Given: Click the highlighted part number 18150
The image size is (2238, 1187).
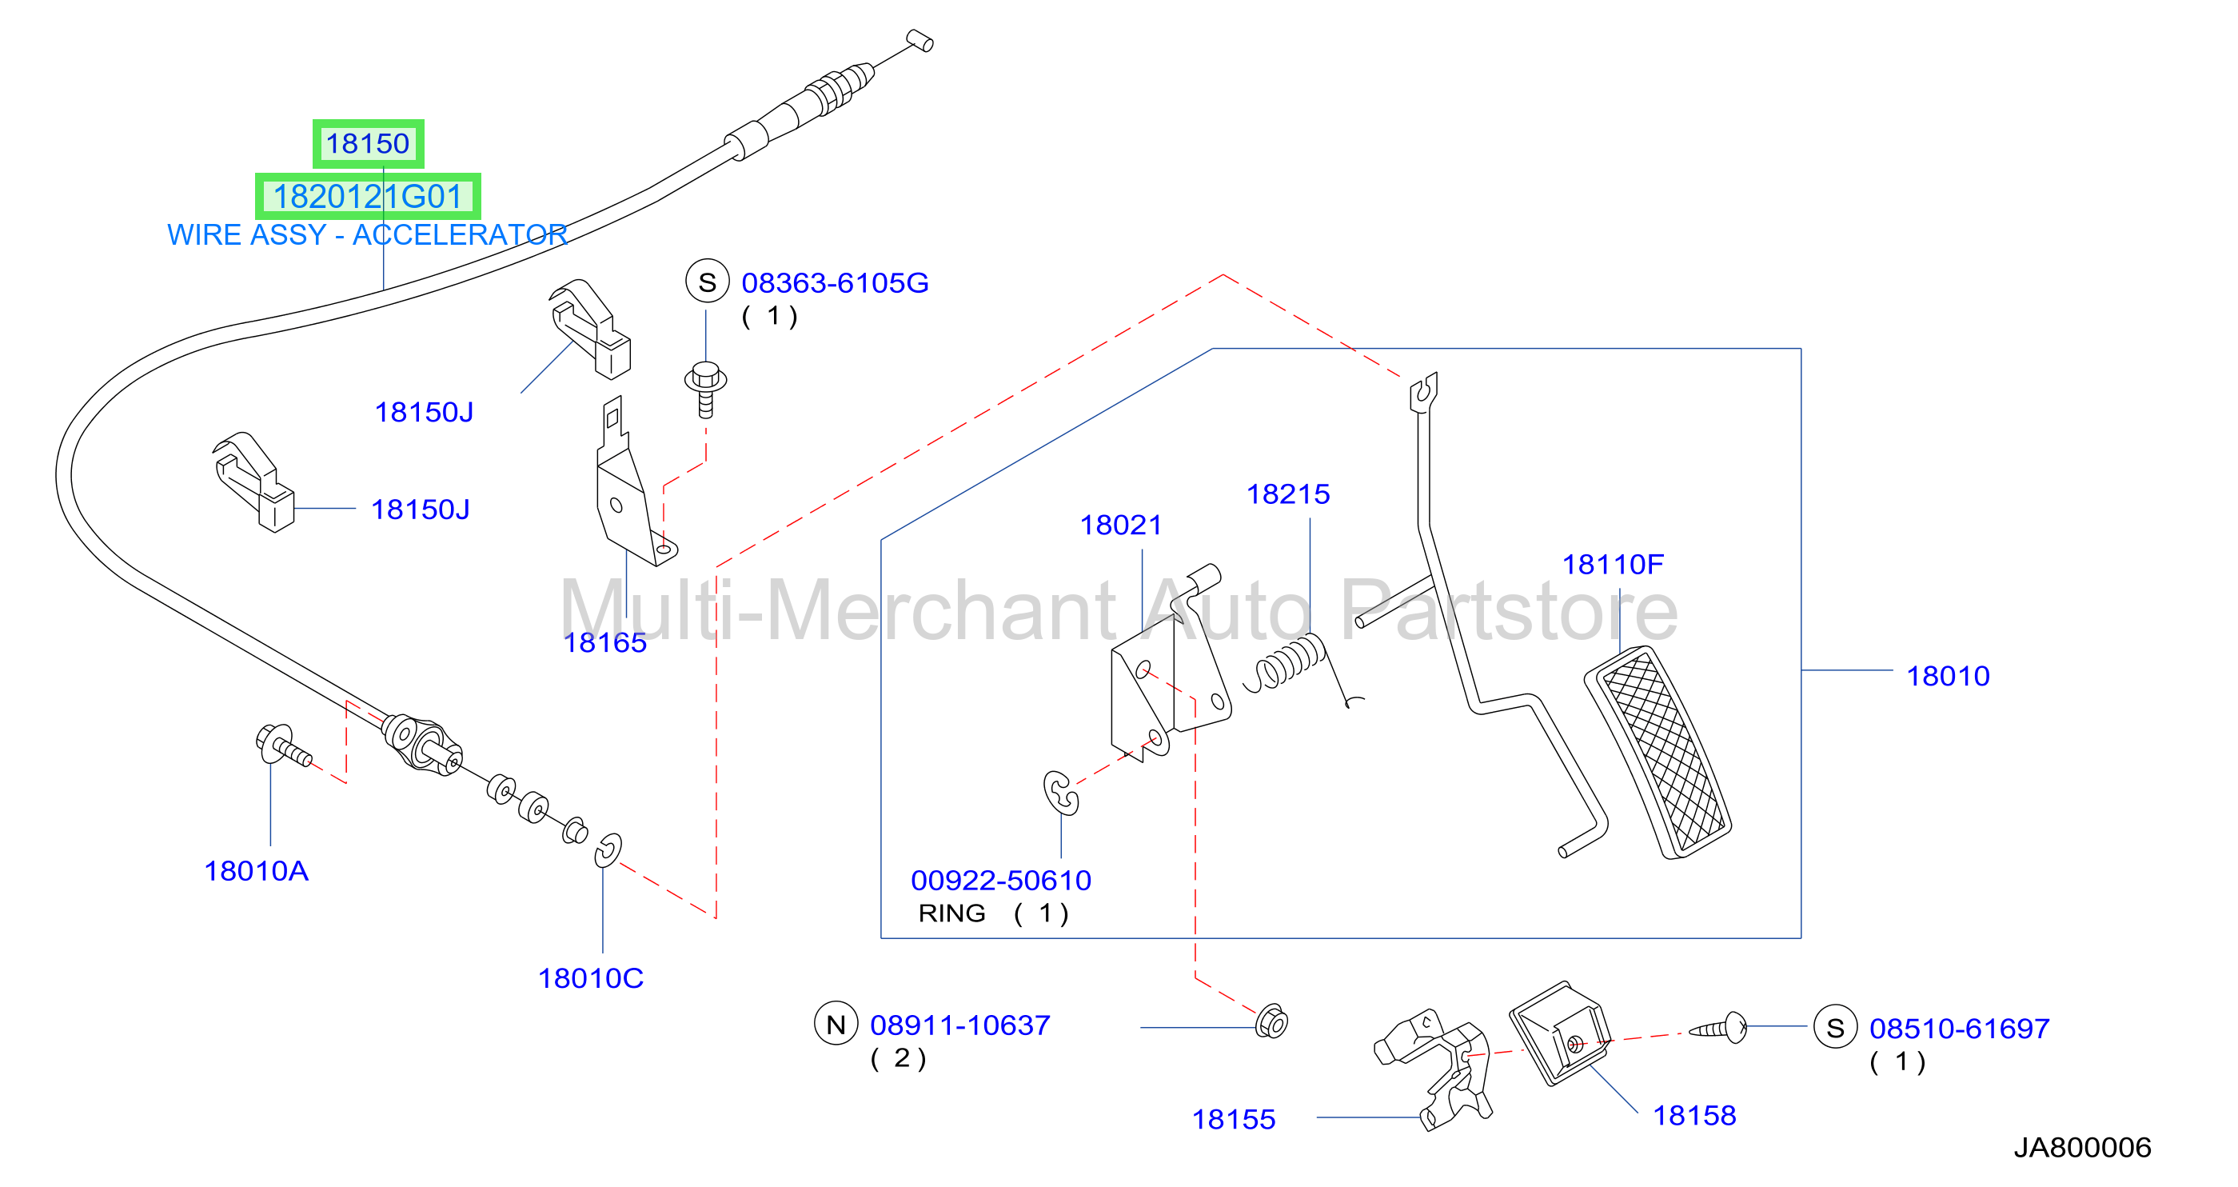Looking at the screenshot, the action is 368,143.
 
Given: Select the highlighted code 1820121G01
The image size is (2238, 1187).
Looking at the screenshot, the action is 368,197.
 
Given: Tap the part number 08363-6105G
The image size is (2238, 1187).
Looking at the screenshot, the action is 835,282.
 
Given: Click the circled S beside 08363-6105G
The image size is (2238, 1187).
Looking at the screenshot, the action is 707,282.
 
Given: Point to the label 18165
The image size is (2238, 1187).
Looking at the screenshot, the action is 604,642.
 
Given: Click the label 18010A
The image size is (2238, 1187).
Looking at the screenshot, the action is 257,871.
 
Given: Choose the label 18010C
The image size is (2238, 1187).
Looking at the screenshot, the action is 591,978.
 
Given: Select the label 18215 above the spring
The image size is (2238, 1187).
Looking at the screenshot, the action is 1288,494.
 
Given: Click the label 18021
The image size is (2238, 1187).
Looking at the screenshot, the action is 1121,525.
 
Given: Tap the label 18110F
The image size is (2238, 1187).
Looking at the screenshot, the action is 1614,564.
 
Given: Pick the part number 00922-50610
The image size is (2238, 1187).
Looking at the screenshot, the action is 1001,881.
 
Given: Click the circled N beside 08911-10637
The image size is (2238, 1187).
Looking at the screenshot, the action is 836,1025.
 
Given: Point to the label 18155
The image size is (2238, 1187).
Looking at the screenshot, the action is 1234,1119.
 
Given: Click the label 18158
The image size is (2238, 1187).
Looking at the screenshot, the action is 1694,1115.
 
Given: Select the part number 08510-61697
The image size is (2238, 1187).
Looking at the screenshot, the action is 1959,1028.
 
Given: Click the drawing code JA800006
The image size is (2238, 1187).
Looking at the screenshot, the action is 2083,1147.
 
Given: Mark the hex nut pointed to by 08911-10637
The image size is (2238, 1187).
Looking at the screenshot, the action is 1272,1022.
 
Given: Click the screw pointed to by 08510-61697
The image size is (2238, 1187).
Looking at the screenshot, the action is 1717,1028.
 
